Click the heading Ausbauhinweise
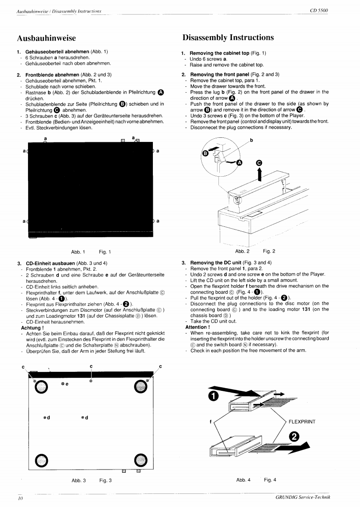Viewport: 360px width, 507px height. point(46,38)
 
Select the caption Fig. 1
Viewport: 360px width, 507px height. point(104,252)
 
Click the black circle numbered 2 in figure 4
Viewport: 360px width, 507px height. point(294,437)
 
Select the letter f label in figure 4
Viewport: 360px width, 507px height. point(211,422)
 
